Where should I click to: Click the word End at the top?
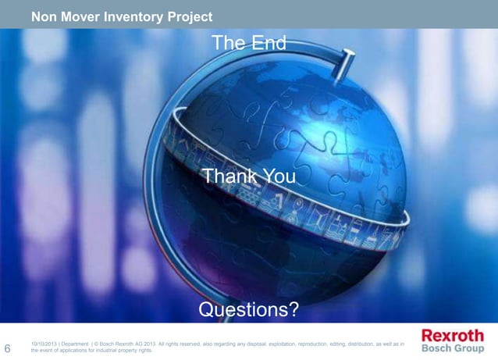(268, 43)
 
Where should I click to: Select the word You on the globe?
(279, 177)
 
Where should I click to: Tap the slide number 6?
(8, 348)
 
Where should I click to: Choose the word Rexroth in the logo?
(453, 335)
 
